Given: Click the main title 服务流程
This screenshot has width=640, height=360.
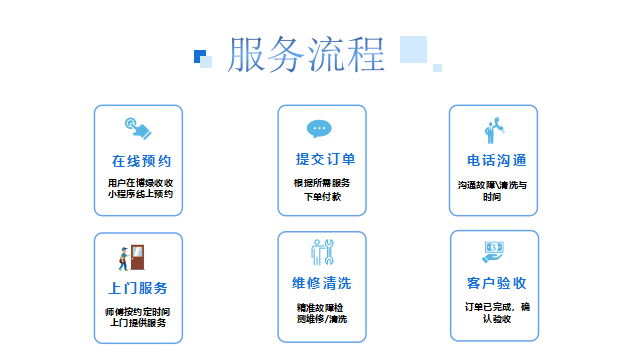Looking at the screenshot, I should click(x=306, y=55).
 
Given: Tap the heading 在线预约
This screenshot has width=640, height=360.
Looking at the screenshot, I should click(x=141, y=161).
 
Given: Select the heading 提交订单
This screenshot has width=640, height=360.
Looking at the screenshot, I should click(x=325, y=159).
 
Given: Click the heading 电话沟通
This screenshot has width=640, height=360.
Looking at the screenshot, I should click(x=496, y=161).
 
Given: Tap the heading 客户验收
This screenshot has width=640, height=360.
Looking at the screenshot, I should click(x=496, y=283).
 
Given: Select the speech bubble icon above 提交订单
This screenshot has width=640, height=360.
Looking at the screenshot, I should click(x=319, y=129).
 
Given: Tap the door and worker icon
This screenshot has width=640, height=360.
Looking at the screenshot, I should click(x=133, y=257).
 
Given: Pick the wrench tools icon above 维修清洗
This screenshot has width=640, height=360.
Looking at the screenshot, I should click(x=321, y=252).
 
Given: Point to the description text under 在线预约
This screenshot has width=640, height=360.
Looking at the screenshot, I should click(x=140, y=189).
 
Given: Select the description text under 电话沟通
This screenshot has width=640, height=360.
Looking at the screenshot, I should click(x=492, y=191).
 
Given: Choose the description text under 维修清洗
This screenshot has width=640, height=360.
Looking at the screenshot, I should click(x=321, y=312).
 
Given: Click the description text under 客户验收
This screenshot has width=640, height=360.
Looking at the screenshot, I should click(x=497, y=311).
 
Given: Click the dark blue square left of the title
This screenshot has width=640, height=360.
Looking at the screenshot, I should click(x=199, y=55).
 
